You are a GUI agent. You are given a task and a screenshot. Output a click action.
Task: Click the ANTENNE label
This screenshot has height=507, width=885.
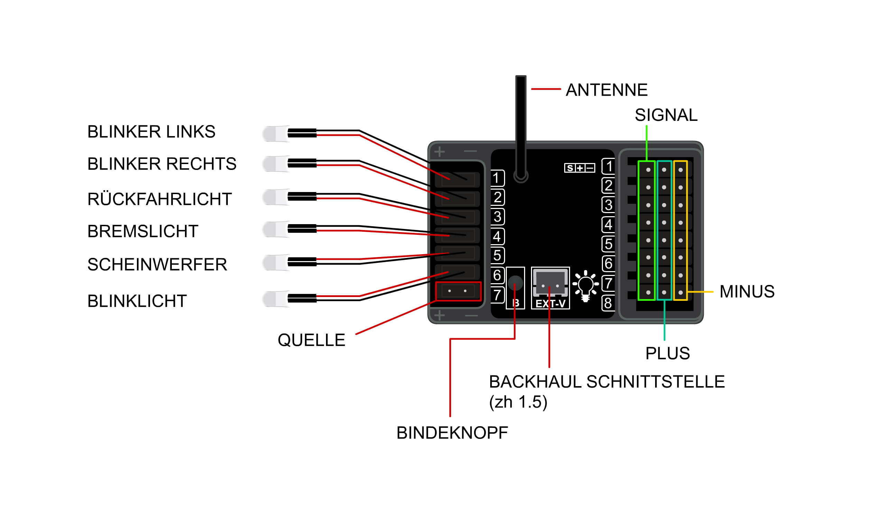[x=606, y=90]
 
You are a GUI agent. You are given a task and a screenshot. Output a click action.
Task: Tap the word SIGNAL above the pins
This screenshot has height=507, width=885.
[x=666, y=115]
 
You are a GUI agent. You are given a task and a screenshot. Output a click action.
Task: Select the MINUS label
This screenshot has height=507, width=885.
[x=747, y=291]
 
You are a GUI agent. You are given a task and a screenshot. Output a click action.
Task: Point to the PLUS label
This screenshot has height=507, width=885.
[x=667, y=353]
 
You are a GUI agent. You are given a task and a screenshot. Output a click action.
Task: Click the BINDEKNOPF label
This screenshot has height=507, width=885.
[x=452, y=433]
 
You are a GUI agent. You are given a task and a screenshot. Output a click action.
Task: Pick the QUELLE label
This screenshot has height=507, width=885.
[x=311, y=340]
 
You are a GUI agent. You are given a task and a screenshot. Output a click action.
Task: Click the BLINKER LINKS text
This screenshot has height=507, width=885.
[x=151, y=132]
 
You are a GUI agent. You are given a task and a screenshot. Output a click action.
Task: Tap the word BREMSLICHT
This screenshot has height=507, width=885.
[x=142, y=231]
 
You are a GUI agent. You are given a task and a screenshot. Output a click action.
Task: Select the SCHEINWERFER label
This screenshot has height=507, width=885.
[x=157, y=264]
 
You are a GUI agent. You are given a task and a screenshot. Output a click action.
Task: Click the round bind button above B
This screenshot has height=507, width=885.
[x=515, y=283]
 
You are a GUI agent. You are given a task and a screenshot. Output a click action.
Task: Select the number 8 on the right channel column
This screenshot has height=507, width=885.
[x=608, y=303]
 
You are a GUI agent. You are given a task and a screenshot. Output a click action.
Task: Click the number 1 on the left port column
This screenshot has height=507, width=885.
[x=497, y=178]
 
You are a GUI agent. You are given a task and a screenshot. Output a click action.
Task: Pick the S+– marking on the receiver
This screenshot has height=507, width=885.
[x=579, y=168]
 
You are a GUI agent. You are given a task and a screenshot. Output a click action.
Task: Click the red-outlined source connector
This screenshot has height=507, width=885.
[x=458, y=291]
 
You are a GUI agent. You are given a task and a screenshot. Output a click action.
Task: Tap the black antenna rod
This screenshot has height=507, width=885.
[x=520, y=122]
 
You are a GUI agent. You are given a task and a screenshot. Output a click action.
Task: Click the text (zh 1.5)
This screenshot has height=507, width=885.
[x=518, y=402]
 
